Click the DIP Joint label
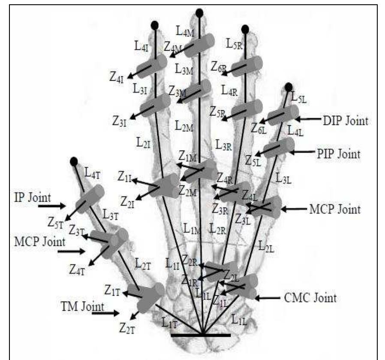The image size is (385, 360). (345, 121)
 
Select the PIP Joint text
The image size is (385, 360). (339, 153)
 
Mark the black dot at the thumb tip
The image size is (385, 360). (74, 161)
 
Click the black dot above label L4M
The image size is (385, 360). (199, 13)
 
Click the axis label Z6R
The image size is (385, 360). (219, 67)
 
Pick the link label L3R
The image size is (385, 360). (224, 145)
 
